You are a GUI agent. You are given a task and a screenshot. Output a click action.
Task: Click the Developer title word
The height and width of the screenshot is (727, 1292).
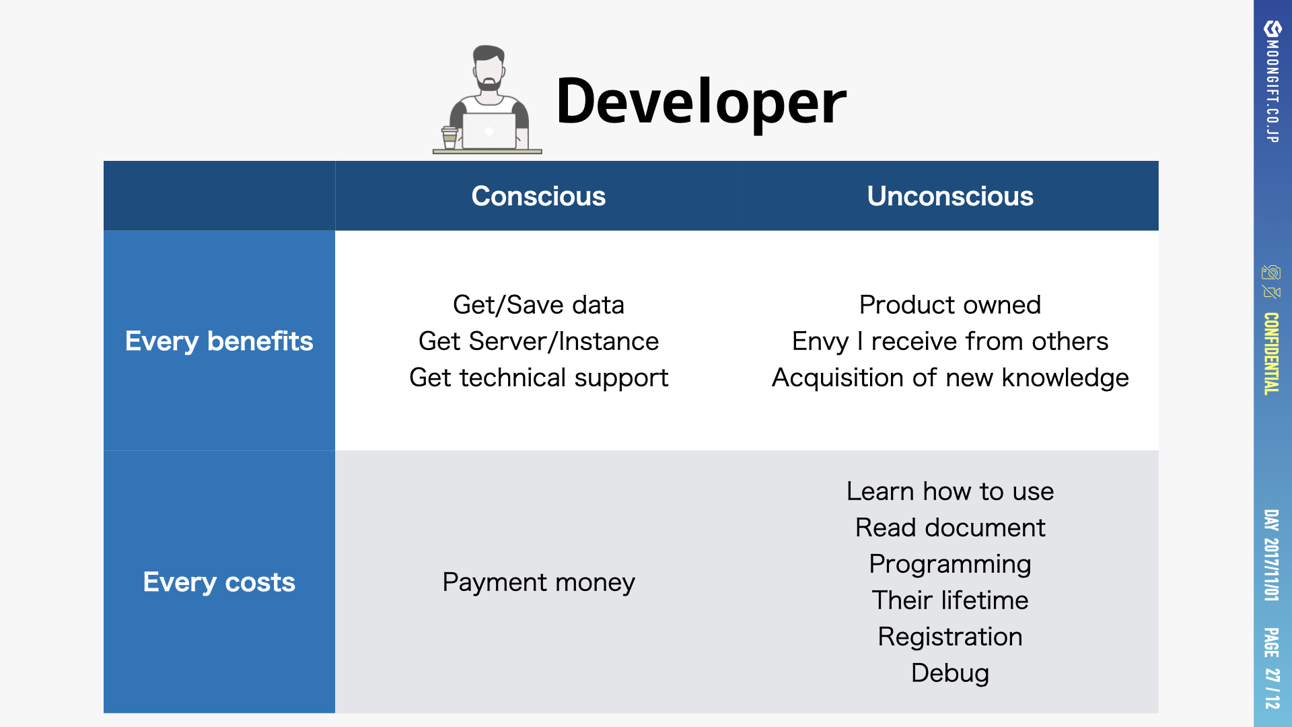point(701,102)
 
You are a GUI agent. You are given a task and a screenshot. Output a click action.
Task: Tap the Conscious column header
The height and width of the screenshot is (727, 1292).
point(538,196)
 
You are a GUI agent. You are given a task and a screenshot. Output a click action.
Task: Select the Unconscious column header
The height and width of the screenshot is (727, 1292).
point(949,196)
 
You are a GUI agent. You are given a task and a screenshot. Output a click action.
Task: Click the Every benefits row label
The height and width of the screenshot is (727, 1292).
point(219,341)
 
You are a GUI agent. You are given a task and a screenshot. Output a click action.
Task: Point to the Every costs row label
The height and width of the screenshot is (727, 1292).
point(219,582)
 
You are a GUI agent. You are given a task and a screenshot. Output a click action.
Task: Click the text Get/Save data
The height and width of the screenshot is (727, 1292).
point(538,305)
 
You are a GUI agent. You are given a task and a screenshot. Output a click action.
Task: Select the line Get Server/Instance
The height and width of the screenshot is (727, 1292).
point(538,341)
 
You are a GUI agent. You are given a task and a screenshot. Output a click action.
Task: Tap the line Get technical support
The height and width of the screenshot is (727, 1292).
point(538,378)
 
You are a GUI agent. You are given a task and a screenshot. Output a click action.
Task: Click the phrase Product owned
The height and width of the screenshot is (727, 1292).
point(949,305)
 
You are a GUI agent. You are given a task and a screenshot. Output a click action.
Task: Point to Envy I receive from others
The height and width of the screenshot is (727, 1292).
point(949,341)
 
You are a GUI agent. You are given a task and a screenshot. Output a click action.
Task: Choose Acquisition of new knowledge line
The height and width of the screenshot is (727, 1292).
point(949,378)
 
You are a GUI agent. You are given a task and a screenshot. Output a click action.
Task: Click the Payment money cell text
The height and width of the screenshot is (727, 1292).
point(538,582)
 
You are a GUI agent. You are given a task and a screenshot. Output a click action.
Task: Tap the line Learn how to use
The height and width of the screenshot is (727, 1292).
point(949,491)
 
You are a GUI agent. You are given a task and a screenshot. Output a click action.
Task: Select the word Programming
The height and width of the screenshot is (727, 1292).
point(949,565)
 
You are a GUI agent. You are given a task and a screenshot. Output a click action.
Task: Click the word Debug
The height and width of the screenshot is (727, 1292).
point(949,673)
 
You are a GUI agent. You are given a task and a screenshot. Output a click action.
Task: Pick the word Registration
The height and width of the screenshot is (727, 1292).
point(949,637)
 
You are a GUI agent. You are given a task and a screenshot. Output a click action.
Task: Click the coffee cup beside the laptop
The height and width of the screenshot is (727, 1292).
point(450,137)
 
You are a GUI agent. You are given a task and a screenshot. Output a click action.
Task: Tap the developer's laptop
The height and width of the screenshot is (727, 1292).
point(489,131)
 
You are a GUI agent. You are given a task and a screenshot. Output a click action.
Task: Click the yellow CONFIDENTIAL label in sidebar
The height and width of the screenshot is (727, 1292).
point(1271,353)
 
